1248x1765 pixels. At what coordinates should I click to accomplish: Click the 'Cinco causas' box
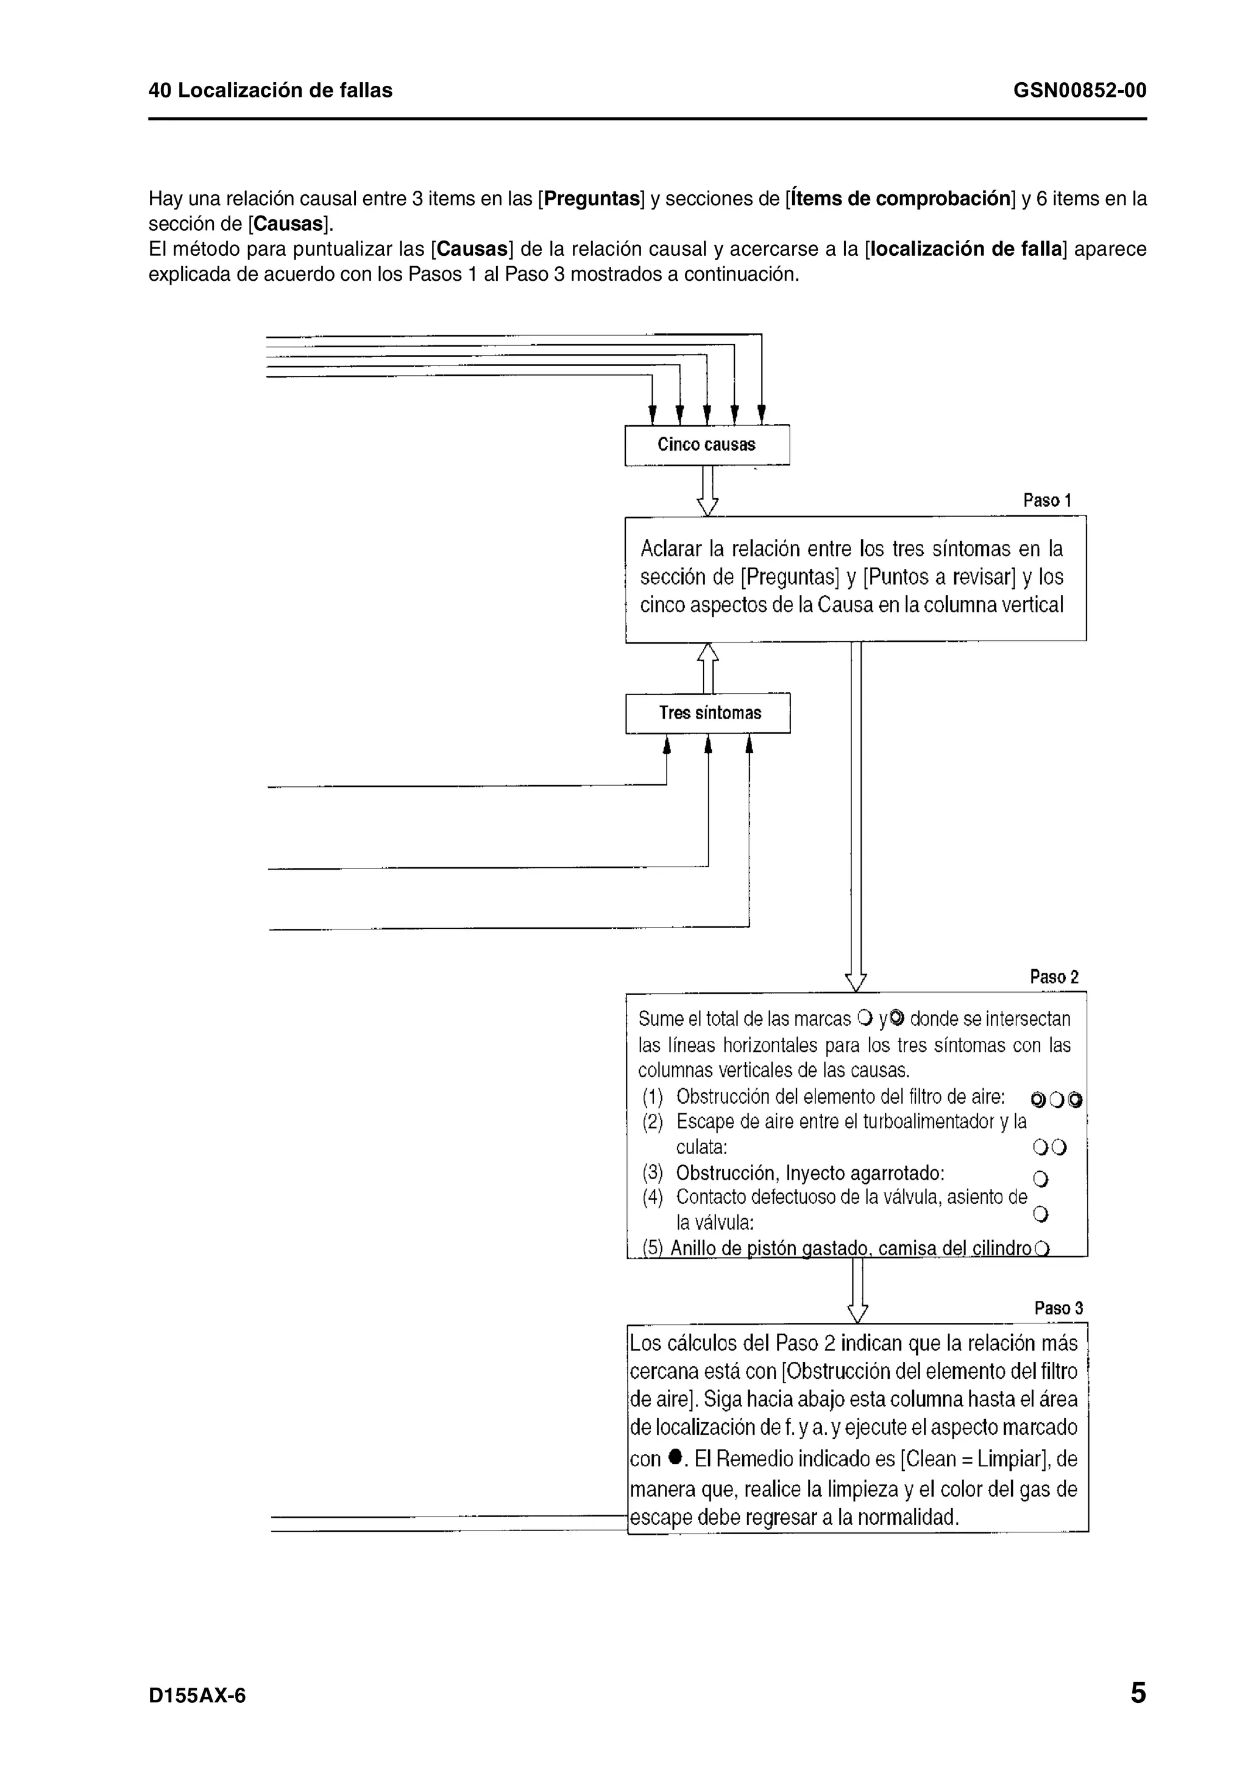707,445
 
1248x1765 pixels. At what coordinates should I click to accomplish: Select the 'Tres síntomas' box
709,713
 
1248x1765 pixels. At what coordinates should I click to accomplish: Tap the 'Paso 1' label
1046,501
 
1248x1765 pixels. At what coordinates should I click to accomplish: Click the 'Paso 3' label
1058,1308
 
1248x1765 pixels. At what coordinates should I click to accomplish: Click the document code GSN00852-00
1079,91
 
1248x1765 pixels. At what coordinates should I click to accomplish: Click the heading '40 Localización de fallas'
270,91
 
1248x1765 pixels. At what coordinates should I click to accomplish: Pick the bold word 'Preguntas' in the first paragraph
593,199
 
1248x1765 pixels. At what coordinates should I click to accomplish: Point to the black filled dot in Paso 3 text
675,1455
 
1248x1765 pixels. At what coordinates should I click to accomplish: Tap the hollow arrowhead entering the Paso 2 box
855,982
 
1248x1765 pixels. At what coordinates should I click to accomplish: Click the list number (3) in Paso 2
652,1173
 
